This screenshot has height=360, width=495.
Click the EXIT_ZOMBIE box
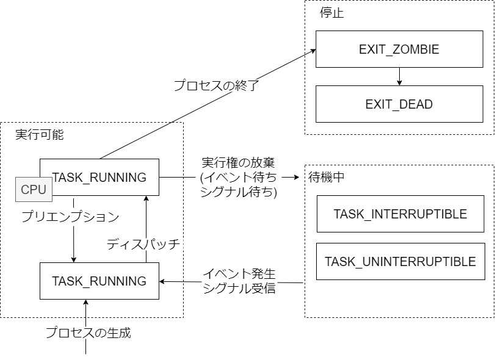(399, 49)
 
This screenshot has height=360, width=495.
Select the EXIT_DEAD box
(399, 104)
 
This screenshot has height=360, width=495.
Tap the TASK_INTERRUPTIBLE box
(400, 214)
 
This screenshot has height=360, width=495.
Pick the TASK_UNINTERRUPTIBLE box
(400, 262)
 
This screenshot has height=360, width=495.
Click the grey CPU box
(34, 189)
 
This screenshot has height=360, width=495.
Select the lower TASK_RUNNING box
(99, 281)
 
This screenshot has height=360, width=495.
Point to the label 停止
(332, 13)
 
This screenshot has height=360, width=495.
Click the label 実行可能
(39, 135)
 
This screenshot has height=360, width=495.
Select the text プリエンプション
(70, 216)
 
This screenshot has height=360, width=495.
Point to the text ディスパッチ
(143, 244)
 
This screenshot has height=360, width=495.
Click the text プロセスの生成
(89, 333)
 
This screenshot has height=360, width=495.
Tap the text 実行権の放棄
(238, 163)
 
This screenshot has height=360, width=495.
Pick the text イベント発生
(239, 274)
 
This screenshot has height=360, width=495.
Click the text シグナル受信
(239, 288)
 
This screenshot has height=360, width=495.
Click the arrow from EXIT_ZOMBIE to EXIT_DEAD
(399, 76)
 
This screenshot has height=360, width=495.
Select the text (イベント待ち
(238, 178)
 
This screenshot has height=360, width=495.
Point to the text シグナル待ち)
(239, 192)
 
